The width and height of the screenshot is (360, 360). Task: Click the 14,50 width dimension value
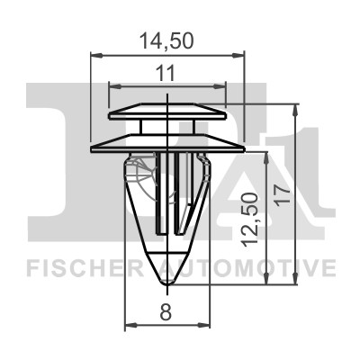(167, 40)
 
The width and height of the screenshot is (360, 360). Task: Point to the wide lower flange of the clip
(167, 141)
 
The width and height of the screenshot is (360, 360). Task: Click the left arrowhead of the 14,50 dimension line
(94, 56)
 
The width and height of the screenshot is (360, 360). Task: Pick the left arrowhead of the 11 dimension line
(112, 85)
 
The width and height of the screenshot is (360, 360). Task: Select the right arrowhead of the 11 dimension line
(222, 85)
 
